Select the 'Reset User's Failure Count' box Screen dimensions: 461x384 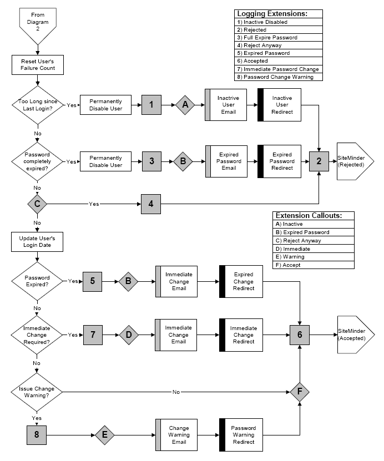(x=38, y=64)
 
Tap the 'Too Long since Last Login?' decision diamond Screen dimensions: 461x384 (x=38, y=104)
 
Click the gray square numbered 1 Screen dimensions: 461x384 (x=151, y=104)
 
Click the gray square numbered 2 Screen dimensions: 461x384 (x=319, y=161)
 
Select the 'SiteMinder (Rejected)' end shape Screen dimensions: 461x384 (x=355, y=161)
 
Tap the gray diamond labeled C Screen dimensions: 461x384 (x=38, y=204)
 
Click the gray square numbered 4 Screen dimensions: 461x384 (x=151, y=204)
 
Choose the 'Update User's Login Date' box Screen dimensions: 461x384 (x=38, y=241)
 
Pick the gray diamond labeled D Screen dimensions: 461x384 (x=128, y=335)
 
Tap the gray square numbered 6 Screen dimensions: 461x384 (x=300, y=335)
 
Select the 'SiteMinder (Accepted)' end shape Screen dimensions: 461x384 (x=355, y=335)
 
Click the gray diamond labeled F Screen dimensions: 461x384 (x=300, y=392)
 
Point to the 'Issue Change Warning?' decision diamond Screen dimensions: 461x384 (x=38, y=392)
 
